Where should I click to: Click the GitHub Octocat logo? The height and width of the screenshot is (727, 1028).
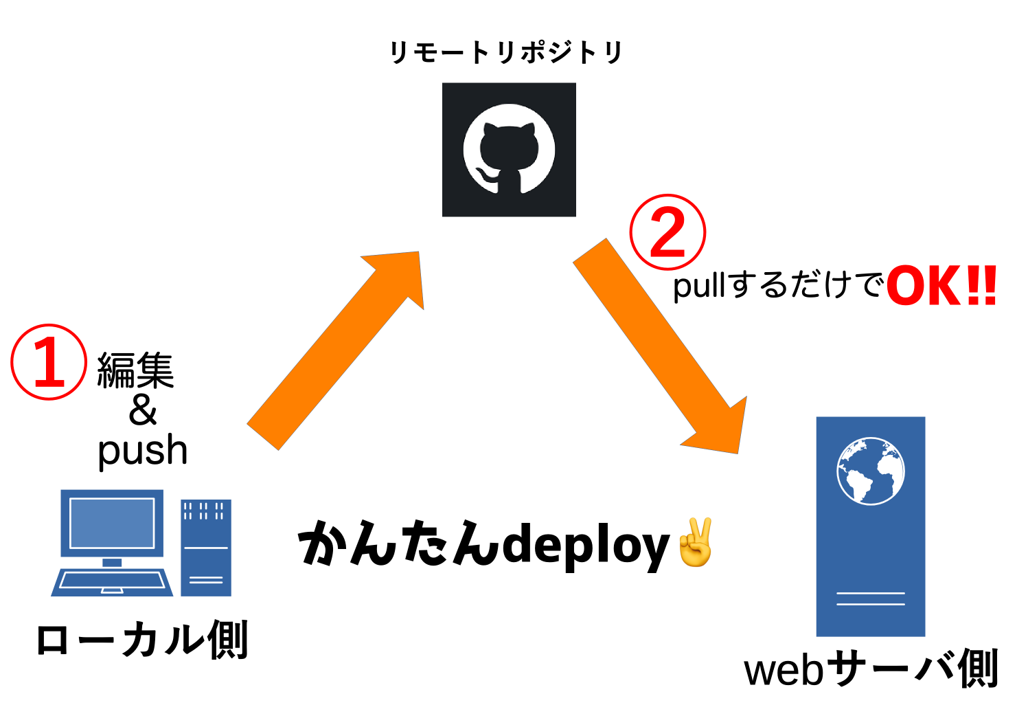509,150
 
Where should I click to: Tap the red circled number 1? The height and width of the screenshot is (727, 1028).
49,362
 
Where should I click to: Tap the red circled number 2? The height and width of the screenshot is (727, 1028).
667,232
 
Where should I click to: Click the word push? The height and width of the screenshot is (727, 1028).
142,451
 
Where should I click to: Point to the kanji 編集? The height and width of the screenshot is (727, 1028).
135,370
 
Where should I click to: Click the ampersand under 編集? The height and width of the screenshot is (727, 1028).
143,410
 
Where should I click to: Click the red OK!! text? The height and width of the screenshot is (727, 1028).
941,287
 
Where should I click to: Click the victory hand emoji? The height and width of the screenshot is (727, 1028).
695,542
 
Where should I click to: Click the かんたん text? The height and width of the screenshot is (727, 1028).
398,544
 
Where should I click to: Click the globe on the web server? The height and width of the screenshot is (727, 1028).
870,471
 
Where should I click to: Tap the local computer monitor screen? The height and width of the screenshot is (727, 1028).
112,522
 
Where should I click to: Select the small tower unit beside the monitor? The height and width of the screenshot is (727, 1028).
205,548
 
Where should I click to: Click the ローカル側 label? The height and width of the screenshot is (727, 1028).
141,640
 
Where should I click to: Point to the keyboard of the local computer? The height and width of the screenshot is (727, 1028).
112,582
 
